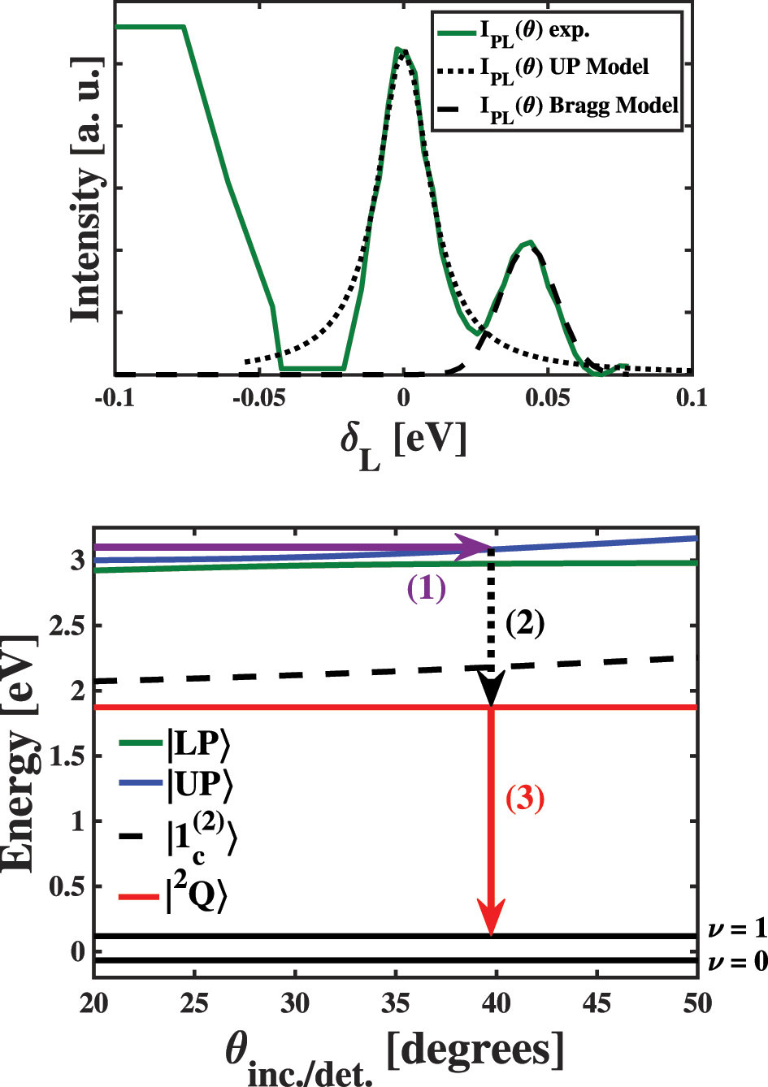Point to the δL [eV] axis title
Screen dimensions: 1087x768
tap(404, 444)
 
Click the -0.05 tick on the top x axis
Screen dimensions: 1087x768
tap(258, 397)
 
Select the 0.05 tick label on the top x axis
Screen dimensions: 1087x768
tap(548, 397)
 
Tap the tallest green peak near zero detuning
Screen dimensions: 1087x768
tap(398, 50)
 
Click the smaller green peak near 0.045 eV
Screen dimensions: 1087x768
tap(529, 242)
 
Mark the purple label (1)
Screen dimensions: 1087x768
tap(427, 588)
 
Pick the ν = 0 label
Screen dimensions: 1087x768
tap(736, 962)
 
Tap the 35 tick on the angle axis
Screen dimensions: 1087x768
tap(395, 1003)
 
